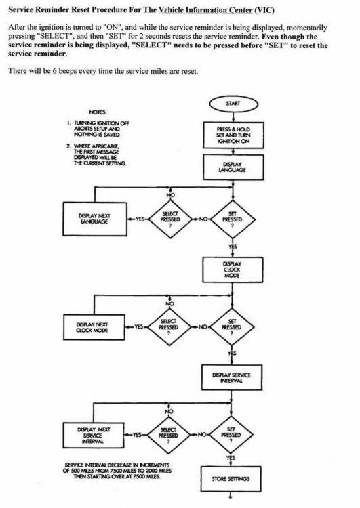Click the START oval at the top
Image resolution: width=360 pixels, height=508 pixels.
(x=233, y=104)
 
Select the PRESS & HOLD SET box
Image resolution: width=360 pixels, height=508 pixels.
(x=233, y=135)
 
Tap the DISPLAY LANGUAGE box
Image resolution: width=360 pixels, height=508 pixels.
(x=233, y=167)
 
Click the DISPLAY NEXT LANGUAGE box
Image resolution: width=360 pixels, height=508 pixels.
(x=95, y=219)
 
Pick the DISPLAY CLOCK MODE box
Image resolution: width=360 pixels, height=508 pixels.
(x=233, y=270)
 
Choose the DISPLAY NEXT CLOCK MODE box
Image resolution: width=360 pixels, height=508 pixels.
(x=94, y=327)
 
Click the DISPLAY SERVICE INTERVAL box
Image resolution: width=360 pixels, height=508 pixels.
(x=232, y=377)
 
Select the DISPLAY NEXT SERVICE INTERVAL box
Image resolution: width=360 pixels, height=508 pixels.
(x=93, y=436)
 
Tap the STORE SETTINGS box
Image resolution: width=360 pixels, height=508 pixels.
(x=231, y=479)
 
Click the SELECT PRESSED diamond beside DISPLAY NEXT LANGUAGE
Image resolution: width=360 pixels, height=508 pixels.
(x=170, y=219)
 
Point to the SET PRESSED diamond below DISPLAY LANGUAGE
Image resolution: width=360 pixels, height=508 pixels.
(x=233, y=219)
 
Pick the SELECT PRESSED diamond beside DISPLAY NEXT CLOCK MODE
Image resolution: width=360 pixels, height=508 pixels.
(x=169, y=327)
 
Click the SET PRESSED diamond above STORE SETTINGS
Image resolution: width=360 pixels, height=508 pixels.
(x=231, y=435)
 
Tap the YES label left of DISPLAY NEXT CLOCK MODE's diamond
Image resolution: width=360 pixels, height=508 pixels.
(x=138, y=327)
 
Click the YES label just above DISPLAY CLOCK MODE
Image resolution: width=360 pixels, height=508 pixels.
(x=233, y=247)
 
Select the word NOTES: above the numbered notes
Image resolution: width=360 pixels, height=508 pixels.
(x=98, y=112)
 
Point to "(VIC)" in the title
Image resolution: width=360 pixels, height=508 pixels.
(x=264, y=9)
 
